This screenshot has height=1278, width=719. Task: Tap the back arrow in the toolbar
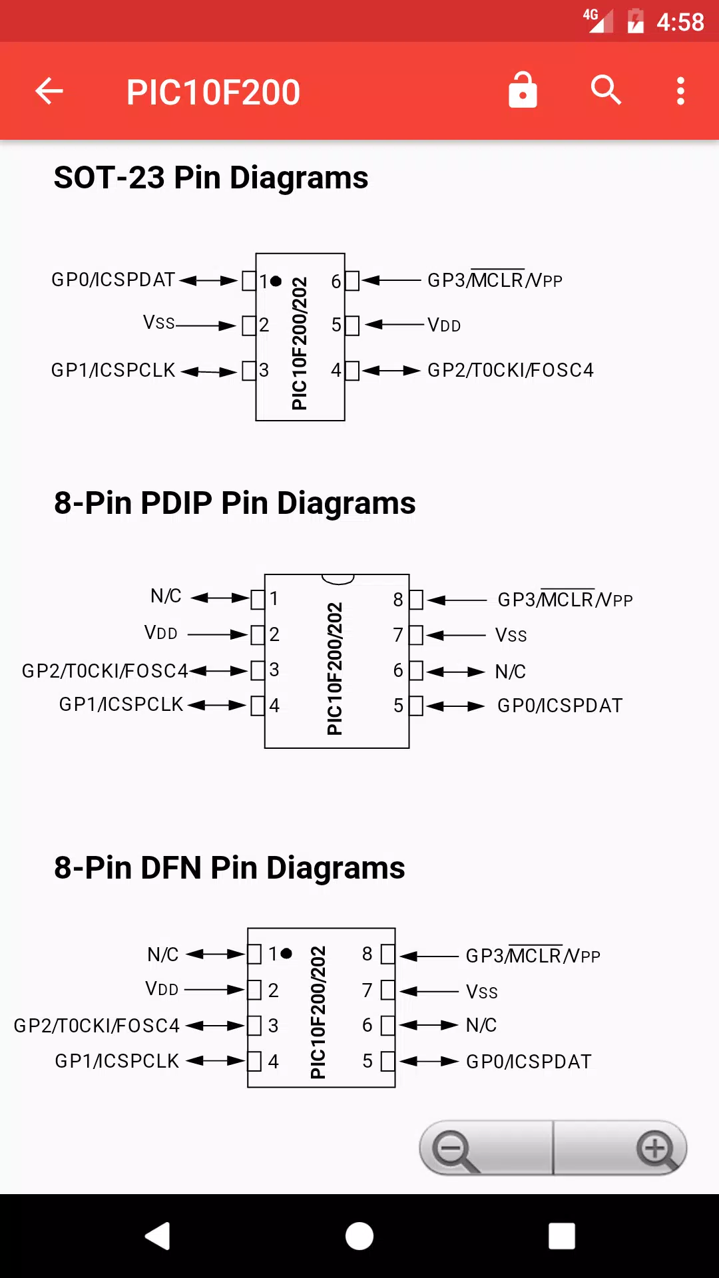point(49,91)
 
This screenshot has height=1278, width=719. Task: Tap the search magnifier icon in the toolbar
point(606,90)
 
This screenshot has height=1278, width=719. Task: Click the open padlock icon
point(523,90)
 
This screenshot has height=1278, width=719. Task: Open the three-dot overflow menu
point(680,91)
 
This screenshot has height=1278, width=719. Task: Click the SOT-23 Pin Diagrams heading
point(211,178)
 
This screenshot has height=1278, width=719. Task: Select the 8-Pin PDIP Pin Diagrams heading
point(235,503)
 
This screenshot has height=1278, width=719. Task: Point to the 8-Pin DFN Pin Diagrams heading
point(230,868)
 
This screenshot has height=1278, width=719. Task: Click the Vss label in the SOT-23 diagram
point(159,323)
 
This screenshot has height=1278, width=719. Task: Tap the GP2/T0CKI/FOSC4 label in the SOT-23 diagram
point(511,370)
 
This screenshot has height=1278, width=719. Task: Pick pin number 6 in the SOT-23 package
point(336,282)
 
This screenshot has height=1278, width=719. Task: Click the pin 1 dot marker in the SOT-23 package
point(276,282)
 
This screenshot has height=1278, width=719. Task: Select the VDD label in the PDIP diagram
point(161,632)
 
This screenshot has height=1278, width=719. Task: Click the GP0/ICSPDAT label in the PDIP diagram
point(560,706)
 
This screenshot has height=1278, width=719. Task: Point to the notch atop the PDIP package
point(338,579)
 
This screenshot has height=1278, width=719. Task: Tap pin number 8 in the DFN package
point(367,954)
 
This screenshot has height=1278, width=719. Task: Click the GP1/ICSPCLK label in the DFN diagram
point(117,1061)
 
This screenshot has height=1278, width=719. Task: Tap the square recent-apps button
point(562,1236)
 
